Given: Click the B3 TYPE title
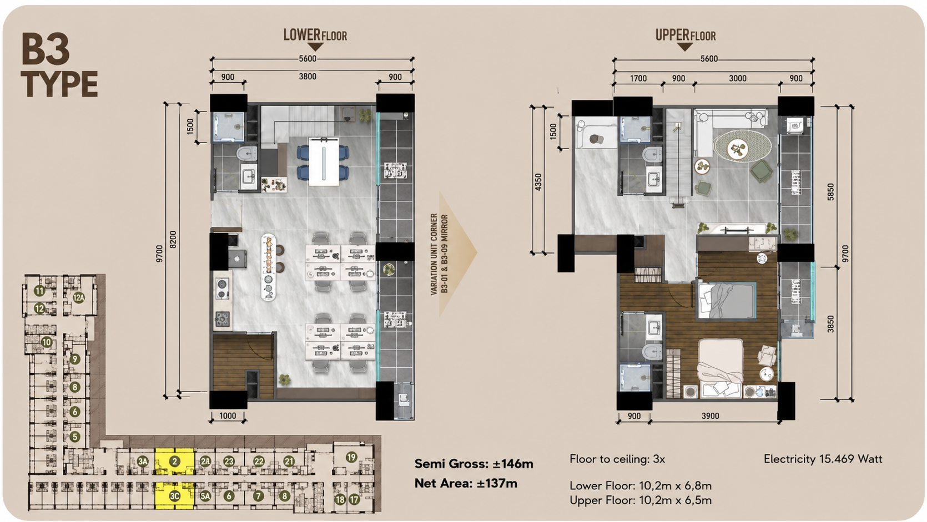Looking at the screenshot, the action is coord(59,66).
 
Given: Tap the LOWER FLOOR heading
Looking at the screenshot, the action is coord(315,36).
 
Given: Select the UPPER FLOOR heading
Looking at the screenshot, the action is coord(686,36).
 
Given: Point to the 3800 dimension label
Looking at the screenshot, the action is coord(308,77).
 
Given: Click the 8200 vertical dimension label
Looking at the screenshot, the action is coord(173,240).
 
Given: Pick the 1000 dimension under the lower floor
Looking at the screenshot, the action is coord(227,416).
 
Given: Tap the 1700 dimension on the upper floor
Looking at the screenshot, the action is coord(638,79).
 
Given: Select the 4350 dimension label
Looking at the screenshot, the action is coord(538,182).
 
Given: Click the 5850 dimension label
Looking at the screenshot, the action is coord(830,192).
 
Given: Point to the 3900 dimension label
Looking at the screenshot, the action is coord(710,416).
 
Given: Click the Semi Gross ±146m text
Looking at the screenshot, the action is coord(474,464).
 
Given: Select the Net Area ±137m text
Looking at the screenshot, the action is coord(466,483).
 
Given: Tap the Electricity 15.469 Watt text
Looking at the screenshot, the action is coord(823,459).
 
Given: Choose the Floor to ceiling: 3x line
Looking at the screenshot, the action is coord(617,459).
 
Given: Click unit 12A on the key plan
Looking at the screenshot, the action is coord(79,297).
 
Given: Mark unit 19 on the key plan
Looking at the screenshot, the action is coord(351,457).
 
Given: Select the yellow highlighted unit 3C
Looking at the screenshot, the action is coord(174,496).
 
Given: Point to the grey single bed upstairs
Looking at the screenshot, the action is coord(727,300).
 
